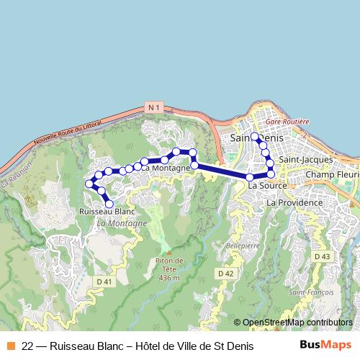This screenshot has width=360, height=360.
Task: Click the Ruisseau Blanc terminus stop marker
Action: [x=109, y=204]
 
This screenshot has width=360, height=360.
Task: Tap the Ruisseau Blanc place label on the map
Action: [x=107, y=212]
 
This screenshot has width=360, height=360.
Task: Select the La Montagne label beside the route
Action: [x=166, y=168]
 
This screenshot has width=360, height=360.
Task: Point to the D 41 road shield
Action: [x=104, y=281]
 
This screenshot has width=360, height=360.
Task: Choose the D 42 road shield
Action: [x=225, y=274]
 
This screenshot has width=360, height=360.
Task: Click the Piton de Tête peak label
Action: [x=169, y=269]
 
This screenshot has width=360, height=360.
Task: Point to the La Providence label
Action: [x=294, y=204]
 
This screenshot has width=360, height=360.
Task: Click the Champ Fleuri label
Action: [x=332, y=175]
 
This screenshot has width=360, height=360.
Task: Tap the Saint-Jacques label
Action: [x=306, y=159]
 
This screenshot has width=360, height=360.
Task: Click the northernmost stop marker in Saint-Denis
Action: [x=255, y=135]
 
